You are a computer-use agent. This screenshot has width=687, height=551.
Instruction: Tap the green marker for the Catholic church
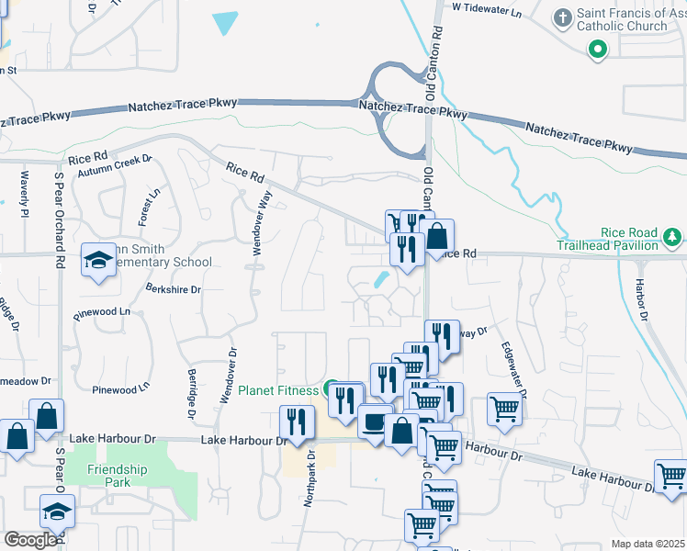click(x=598, y=50)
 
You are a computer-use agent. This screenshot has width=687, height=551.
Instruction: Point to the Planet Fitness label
click(x=279, y=390)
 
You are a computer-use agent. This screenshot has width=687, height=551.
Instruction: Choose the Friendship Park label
click(x=117, y=476)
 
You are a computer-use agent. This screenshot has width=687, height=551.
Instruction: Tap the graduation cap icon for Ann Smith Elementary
click(x=99, y=261)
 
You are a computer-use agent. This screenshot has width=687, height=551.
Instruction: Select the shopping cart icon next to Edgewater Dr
click(x=504, y=408)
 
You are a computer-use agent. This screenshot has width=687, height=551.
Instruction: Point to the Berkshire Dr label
click(x=173, y=288)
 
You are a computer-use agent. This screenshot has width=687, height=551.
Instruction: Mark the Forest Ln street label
click(x=149, y=208)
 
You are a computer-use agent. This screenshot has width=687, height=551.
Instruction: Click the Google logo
click(x=30, y=540)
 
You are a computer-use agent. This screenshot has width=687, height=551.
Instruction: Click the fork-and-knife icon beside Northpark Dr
click(x=297, y=422)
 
